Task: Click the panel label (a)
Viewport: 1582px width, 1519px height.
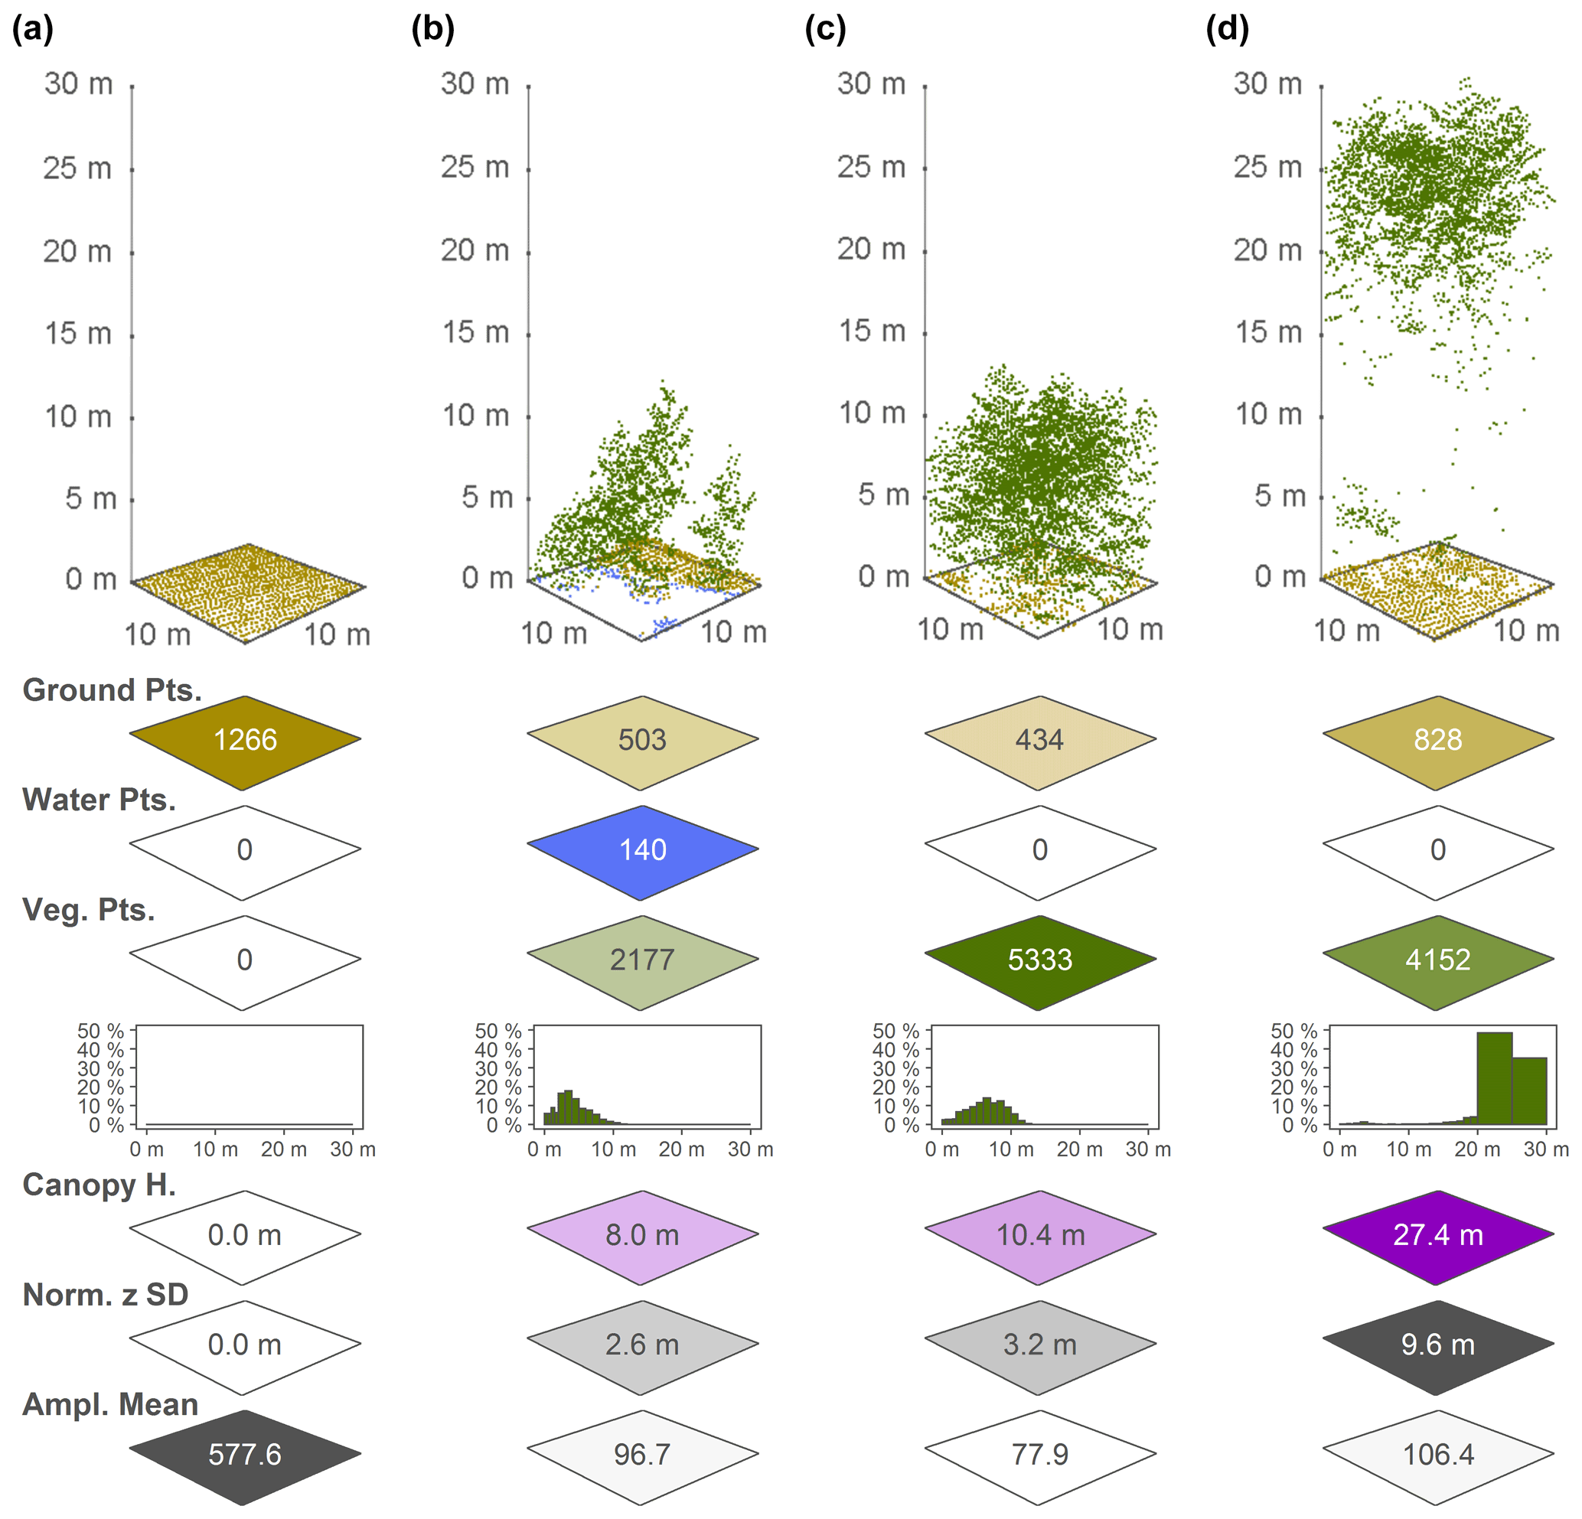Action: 33,29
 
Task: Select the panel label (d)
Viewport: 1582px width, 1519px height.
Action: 1227,29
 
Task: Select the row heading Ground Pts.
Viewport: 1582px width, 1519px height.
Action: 113,691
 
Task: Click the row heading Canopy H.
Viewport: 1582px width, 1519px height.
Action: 99,1185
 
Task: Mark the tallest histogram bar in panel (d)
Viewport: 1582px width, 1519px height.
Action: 1494,1078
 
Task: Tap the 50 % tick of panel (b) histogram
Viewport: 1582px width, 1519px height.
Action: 498,1032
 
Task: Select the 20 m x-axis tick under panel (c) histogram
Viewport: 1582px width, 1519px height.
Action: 1079,1149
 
